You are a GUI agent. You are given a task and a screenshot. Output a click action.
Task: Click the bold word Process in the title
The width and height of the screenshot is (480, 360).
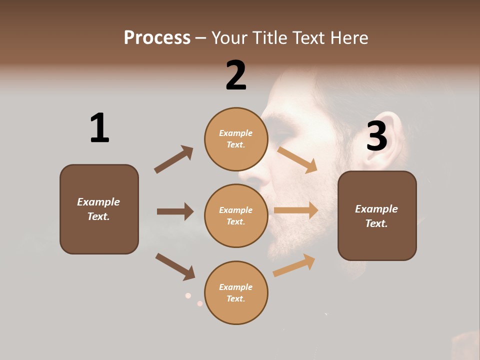click(x=157, y=37)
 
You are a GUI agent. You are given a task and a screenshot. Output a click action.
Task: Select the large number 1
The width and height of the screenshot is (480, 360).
click(x=99, y=128)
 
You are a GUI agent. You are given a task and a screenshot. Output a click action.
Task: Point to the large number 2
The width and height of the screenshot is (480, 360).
click(x=236, y=75)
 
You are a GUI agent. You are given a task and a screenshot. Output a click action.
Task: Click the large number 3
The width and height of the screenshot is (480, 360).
click(x=377, y=136)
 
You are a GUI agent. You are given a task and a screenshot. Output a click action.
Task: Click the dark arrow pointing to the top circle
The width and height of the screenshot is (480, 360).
click(x=173, y=159)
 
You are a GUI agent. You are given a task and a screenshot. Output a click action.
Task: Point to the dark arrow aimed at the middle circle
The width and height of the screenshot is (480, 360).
click(x=175, y=211)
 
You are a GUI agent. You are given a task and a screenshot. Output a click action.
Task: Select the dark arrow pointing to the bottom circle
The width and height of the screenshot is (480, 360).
click(x=175, y=266)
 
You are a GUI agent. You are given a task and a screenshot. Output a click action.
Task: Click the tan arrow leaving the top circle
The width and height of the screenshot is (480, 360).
click(x=297, y=159)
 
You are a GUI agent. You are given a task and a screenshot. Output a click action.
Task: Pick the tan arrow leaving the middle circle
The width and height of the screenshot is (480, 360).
click(x=296, y=210)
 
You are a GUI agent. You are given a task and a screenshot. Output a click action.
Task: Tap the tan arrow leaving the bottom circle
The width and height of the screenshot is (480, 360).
click(x=294, y=265)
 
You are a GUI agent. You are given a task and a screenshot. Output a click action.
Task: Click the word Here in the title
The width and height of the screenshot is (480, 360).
click(x=350, y=37)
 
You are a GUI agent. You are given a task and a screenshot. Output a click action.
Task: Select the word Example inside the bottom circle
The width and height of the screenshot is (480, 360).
click(x=236, y=287)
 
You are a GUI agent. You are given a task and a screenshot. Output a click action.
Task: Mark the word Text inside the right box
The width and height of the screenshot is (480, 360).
click(x=375, y=223)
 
